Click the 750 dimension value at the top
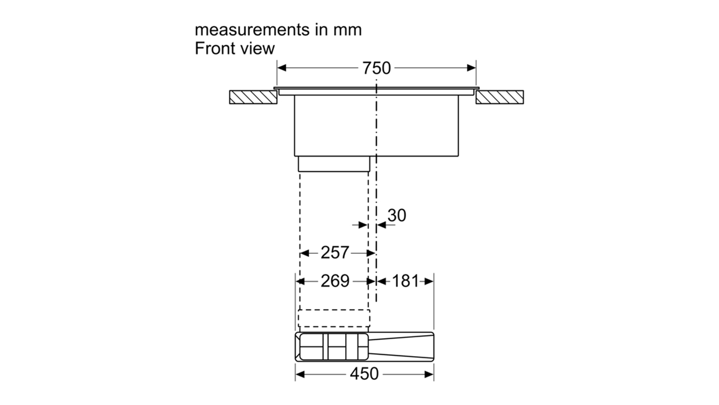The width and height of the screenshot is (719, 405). pyautogui.click(x=376, y=68)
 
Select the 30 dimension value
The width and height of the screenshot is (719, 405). pyautogui.click(x=397, y=215)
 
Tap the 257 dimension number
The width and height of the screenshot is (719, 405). pyautogui.click(x=335, y=252)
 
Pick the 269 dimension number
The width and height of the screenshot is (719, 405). pyautogui.click(x=335, y=281)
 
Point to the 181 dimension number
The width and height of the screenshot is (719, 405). pyautogui.click(x=406, y=281)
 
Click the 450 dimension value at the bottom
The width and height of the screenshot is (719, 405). pyautogui.click(x=364, y=374)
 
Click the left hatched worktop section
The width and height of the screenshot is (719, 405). pyautogui.click(x=253, y=97)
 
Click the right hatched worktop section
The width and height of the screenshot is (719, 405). pyautogui.click(x=499, y=97)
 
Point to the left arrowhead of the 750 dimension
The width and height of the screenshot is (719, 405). pyautogui.click(x=281, y=68)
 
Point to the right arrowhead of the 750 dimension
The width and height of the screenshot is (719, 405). pyautogui.click(x=472, y=68)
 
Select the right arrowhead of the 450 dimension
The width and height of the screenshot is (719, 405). pyautogui.click(x=429, y=374)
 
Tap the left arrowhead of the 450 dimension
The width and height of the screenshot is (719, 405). pyautogui.click(x=300, y=374)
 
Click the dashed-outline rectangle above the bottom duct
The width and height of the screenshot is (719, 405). pyautogui.click(x=334, y=318)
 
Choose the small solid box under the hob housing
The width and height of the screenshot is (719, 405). pyautogui.click(x=334, y=164)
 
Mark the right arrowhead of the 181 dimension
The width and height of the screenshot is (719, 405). pyautogui.click(x=429, y=282)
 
